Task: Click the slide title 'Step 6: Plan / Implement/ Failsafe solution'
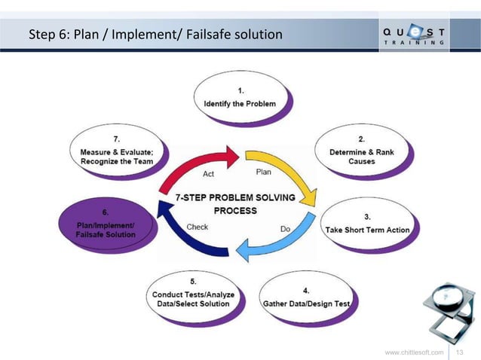[155, 35]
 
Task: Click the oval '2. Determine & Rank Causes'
[361, 151]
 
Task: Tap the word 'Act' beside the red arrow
[212, 174]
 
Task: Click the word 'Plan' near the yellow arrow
[264, 172]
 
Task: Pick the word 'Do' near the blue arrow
[286, 226]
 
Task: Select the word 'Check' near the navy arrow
[198, 226]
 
